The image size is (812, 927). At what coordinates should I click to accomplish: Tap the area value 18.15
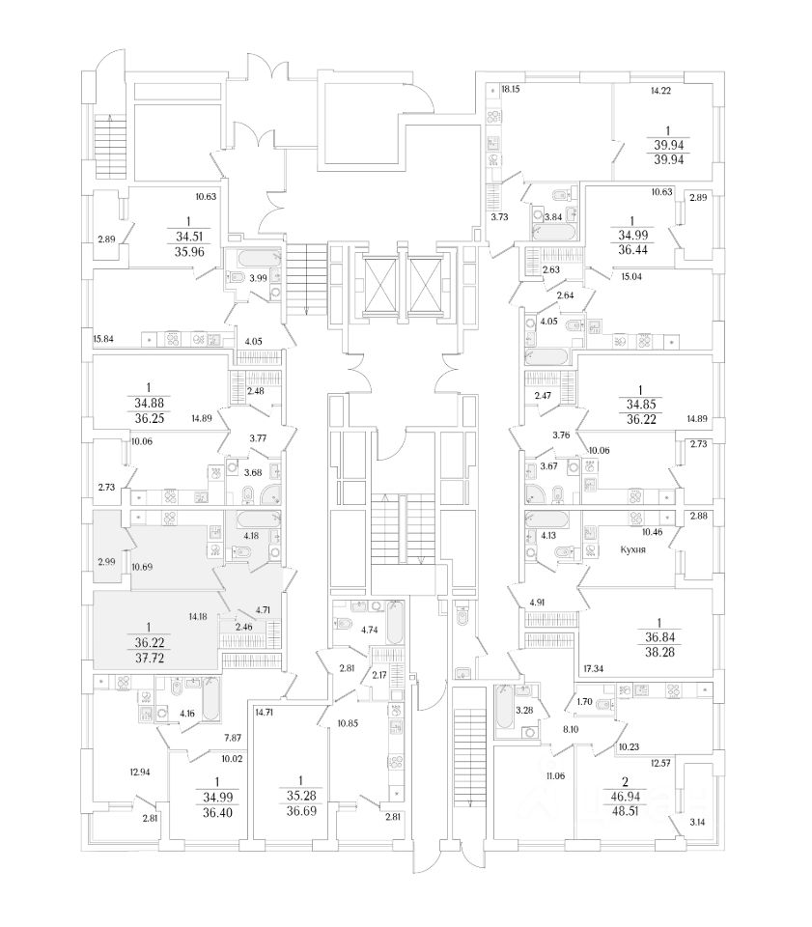pyautogui.click(x=512, y=90)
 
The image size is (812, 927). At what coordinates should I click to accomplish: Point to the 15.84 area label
pyautogui.click(x=104, y=339)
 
